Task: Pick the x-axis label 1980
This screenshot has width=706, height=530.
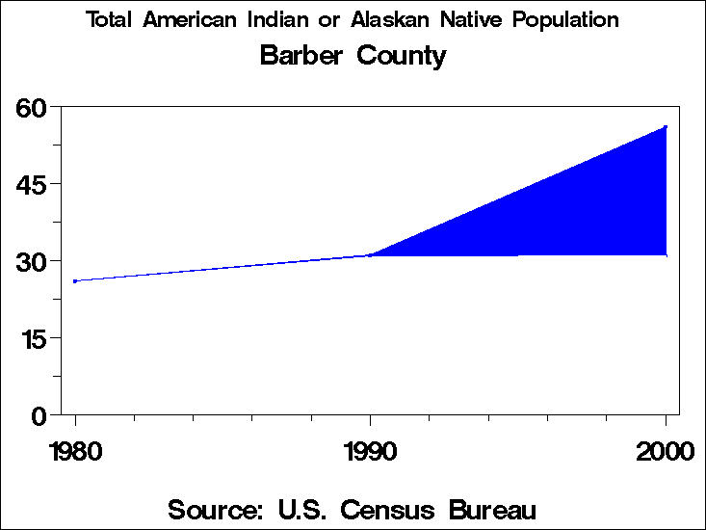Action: pyautogui.click(x=74, y=450)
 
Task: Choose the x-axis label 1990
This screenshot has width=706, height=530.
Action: pyautogui.click(x=370, y=450)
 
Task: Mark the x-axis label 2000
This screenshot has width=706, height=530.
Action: pyautogui.click(x=665, y=450)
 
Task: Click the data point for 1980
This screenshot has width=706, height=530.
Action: pyautogui.click(x=75, y=281)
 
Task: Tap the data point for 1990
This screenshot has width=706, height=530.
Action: pyautogui.click(x=370, y=255)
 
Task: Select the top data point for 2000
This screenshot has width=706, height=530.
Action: pyautogui.click(x=665, y=127)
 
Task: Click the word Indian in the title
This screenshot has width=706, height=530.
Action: pyautogui.click(x=264, y=20)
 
